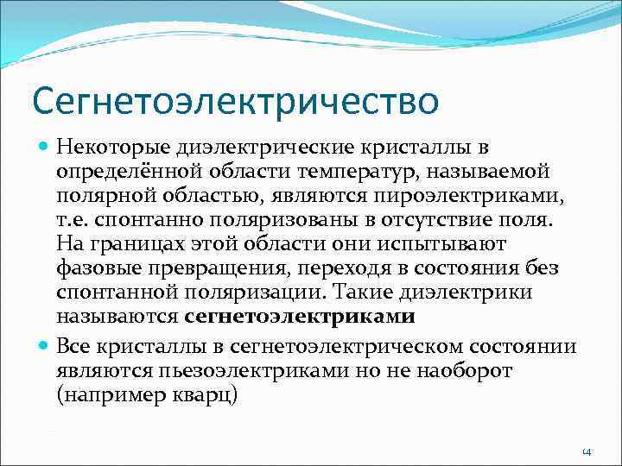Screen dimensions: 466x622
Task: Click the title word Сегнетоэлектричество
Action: [x=235, y=101]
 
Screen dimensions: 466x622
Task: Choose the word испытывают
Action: [x=451, y=245]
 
